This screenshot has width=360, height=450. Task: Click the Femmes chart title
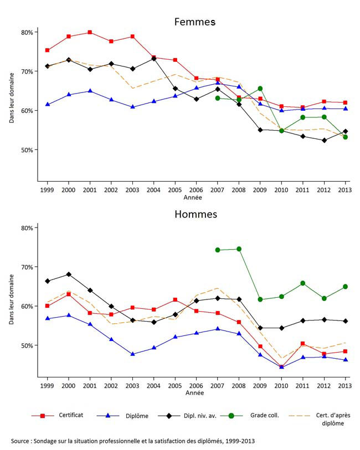[x=194, y=22]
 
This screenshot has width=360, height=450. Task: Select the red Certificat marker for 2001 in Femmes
[x=90, y=33]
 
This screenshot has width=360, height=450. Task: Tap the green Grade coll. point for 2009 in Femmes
[x=260, y=89]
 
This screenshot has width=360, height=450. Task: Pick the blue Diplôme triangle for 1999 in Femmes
[x=47, y=104]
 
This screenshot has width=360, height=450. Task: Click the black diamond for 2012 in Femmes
[x=324, y=140]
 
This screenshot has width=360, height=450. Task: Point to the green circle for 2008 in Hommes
[x=239, y=249]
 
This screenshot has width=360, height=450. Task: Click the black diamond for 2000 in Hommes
[x=69, y=274]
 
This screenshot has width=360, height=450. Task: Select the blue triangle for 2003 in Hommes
[x=132, y=354]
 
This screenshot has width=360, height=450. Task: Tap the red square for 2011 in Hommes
[x=302, y=344]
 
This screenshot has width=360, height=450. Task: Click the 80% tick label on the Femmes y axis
[x=27, y=32]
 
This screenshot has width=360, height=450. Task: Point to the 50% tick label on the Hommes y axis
[x=27, y=345]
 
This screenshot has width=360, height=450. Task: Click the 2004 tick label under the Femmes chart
[x=153, y=189]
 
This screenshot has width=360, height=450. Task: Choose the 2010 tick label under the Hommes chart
[x=281, y=385]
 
